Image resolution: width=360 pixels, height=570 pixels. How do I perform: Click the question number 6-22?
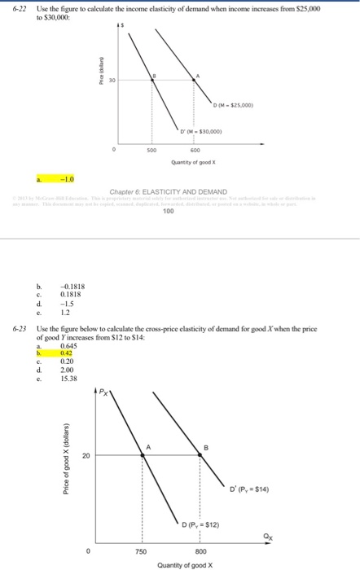tap(15, 7)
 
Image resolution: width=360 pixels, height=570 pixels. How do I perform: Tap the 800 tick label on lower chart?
tap(200, 550)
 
